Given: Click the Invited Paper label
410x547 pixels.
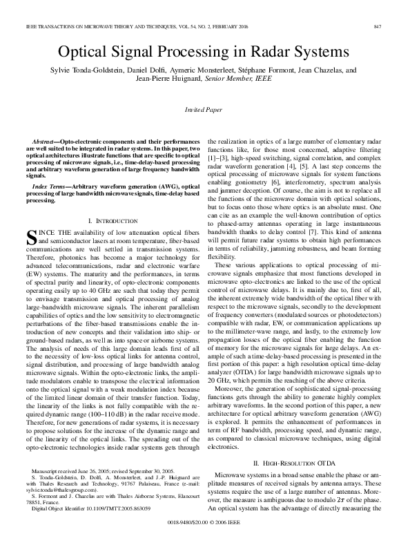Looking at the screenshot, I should pos(204,110).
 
